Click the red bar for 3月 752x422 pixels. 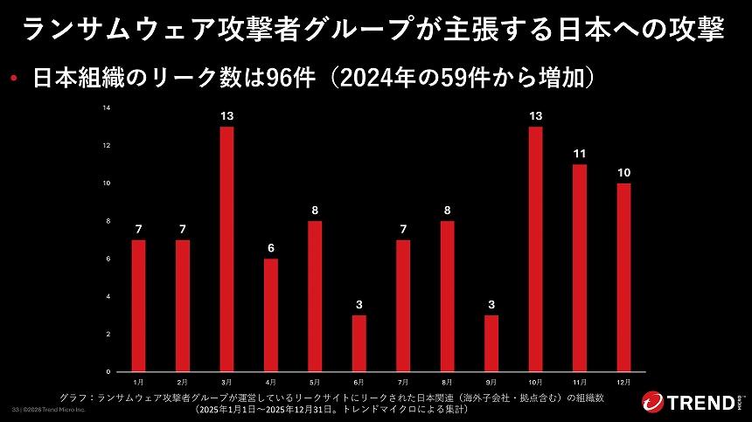click(226, 248)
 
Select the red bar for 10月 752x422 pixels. click(535, 248)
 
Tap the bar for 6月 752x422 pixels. click(359, 342)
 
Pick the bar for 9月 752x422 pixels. click(491, 342)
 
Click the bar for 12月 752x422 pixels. click(623, 276)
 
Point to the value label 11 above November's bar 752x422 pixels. click(579, 153)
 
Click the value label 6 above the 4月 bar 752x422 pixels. click(270, 247)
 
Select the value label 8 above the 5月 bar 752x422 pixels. click(315, 210)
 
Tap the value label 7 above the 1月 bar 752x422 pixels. click(138, 229)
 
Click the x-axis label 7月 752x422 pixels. click(403, 382)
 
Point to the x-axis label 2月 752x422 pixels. click(182, 382)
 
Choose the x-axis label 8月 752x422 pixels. click(447, 382)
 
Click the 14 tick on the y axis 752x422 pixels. click(107, 107)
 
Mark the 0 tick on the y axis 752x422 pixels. click(108, 371)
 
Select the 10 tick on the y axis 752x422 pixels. click(107, 183)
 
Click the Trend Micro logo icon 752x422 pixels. click(653, 403)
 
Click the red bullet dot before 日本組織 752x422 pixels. click(15, 80)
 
